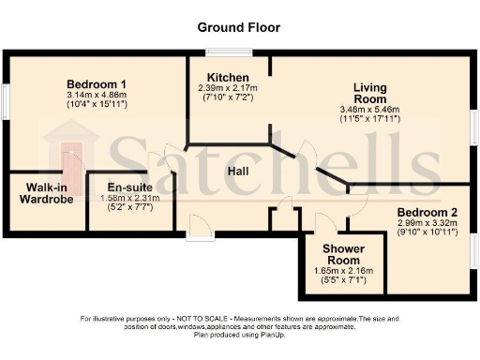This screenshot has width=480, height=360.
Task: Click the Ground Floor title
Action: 239,28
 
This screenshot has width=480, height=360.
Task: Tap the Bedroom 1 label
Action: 97,83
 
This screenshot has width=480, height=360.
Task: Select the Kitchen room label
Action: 228,77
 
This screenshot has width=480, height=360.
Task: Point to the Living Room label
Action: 369,93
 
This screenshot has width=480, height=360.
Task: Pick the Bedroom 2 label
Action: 427,213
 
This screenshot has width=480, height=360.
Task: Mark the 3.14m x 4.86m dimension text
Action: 97,95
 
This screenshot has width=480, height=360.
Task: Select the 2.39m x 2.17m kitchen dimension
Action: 228,88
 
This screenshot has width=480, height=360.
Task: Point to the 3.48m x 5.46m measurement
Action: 369,111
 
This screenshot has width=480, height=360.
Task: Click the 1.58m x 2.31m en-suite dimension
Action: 128,198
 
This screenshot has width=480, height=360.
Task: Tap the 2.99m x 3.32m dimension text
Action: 427,224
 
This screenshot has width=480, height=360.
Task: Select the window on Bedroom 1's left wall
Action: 5,100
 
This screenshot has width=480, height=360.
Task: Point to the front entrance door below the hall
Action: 200,225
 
